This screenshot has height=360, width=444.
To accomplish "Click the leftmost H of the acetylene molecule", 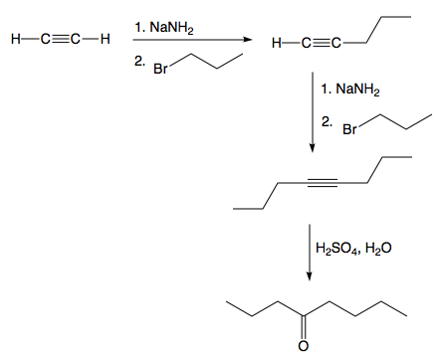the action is (12, 40).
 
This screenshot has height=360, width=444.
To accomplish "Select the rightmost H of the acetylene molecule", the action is (104, 40).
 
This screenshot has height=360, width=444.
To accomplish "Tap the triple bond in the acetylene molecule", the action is (58, 40).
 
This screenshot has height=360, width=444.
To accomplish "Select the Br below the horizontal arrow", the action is (159, 71).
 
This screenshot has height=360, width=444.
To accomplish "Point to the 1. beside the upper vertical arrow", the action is (328, 90).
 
